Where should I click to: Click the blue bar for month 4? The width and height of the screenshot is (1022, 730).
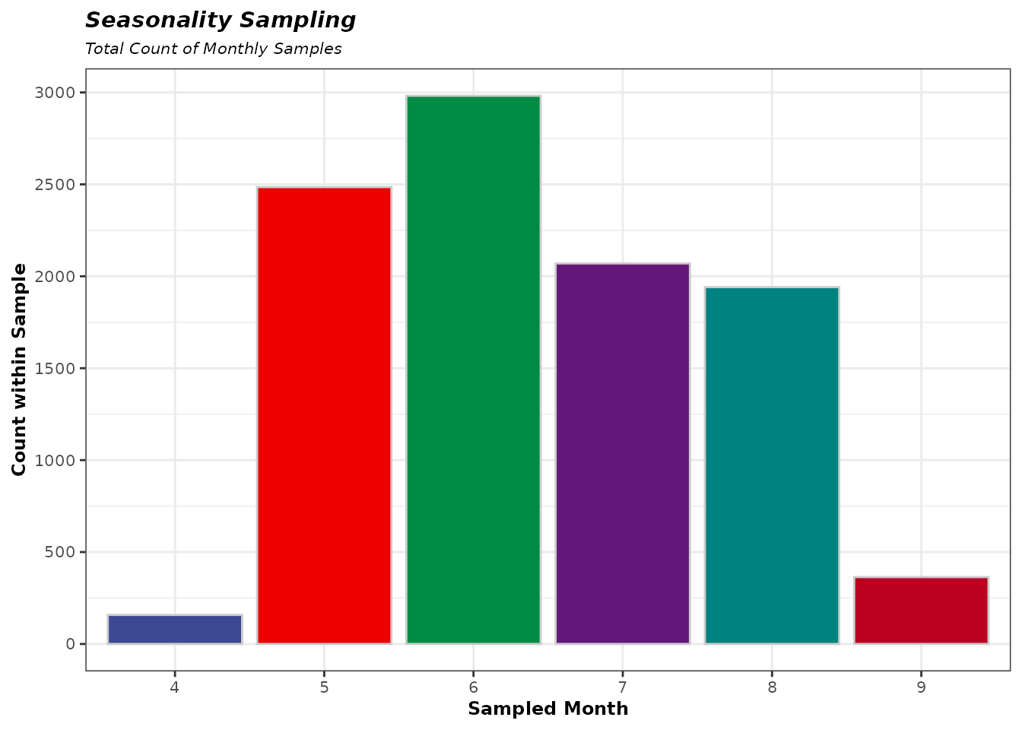tap(175, 629)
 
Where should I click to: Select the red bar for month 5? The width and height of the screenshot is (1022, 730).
tap(324, 415)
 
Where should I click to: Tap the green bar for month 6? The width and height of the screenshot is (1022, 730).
tap(473, 370)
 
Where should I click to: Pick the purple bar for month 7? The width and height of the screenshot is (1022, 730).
tap(622, 453)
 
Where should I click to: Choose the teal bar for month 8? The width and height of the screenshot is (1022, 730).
tap(772, 465)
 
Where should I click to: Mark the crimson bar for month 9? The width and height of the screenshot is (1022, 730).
tap(921, 611)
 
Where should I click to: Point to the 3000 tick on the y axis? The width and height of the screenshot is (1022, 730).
tap(55, 93)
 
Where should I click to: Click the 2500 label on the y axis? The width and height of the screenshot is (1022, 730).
tap(55, 185)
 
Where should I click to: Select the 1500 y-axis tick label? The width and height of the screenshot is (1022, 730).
tap(55, 369)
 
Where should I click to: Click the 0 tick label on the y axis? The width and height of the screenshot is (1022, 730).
tap(71, 644)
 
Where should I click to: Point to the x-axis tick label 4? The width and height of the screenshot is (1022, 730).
tap(175, 686)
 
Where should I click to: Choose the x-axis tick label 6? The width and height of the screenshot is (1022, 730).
tap(473, 686)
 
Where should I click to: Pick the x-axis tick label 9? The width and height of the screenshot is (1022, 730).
tap(921, 686)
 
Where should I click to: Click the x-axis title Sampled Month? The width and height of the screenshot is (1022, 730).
tap(547, 709)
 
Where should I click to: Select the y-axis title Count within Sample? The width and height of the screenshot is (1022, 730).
tap(19, 370)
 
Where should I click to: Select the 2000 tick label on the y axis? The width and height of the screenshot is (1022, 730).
tap(55, 277)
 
